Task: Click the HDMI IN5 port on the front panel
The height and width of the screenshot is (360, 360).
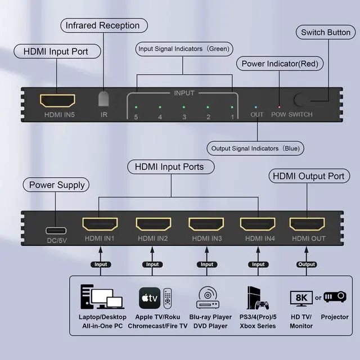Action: click(57, 101)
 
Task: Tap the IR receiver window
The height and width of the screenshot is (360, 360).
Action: click(103, 99)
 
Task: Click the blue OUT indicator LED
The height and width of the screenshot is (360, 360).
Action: click(257, 106)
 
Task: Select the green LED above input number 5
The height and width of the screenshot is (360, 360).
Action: click(135, 106)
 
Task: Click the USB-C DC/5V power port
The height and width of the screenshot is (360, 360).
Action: click(56, 230)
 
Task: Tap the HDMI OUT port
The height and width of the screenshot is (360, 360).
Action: click(307, 225)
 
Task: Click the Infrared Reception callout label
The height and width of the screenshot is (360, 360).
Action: click(102, 25)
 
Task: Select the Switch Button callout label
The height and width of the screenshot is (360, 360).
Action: click(326, 32)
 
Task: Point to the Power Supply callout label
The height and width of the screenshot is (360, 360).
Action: click(57, 184)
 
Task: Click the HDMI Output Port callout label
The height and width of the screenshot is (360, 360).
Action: click(308, 176)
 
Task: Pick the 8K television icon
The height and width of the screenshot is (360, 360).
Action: click(300, 297)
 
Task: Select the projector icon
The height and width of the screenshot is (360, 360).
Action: click(335, 296)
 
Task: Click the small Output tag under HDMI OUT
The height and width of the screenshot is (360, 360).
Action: click(307, 264)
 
